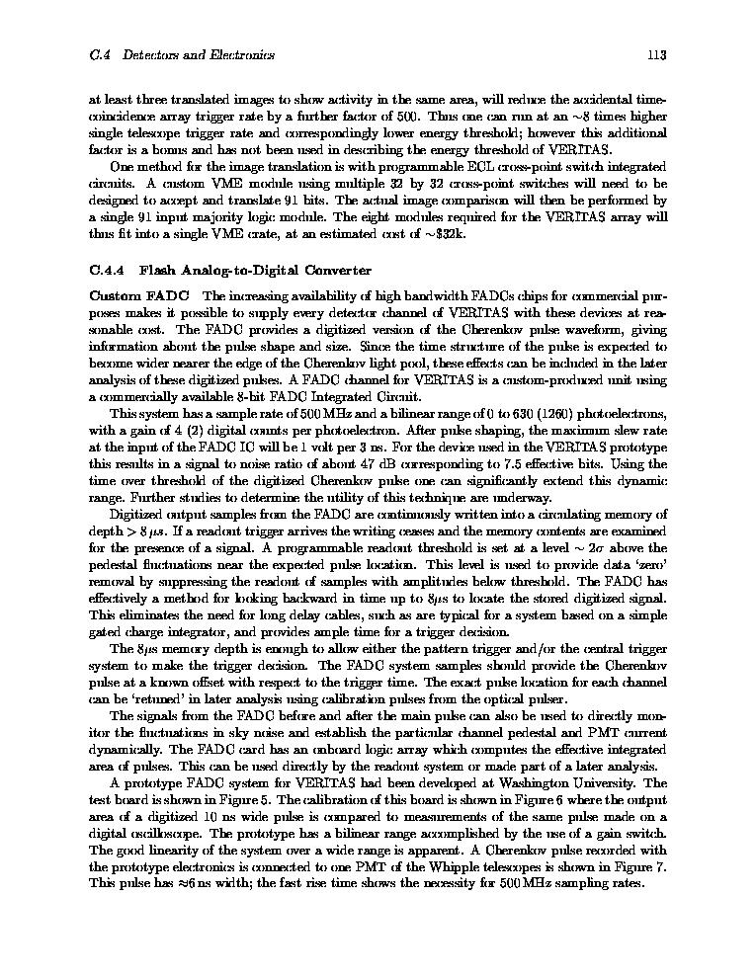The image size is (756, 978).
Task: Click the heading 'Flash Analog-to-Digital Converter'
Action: coord(255,270)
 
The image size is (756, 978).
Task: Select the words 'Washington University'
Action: coord(594,783)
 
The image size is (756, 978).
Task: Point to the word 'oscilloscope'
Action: coord(145,833)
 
